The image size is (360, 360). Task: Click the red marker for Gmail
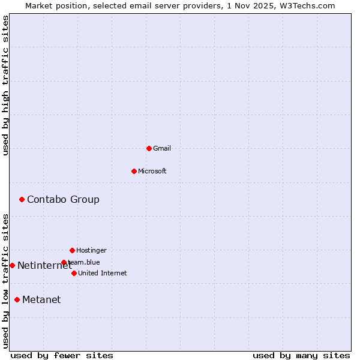tap(149, 148)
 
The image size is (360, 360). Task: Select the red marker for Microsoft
tap(134, 171)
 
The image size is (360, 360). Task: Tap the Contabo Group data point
tap(22, 199)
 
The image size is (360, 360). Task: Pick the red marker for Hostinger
tap(72, 250)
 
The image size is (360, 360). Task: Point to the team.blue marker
tap(64, 262)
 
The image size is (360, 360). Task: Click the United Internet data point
tap(74, 273)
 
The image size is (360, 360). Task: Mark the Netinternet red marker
tap(12, 265)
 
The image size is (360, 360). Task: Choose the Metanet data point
tap(17, 299)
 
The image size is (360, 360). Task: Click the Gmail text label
tap(162, 148)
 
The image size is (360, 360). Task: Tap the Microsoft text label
tap(152, 171)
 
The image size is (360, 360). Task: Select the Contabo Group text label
tap(63, 199)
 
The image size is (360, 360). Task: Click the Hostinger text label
tap(91, 250)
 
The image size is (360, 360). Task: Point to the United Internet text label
tap(103, 273)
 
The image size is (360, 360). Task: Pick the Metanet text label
tap(41, 299)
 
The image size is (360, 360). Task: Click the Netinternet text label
tap(44, 265)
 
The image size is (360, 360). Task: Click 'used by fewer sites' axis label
tap(62, 355)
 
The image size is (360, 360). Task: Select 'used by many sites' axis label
tap(301, 355)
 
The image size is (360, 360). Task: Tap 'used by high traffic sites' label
tap(5, 85)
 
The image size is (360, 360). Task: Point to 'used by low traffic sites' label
tap(5, 281)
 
